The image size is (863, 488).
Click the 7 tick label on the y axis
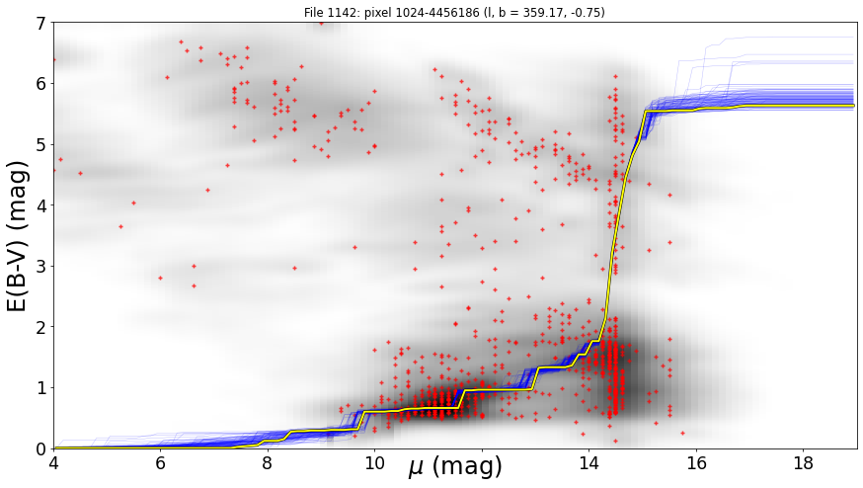point(42,23)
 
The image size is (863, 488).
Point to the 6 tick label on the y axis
point(42,84)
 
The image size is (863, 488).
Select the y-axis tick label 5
point(42,145)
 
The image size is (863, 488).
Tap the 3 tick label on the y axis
point(42,267)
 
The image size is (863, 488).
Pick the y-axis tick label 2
point(42,327)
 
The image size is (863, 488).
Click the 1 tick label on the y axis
point(42,388)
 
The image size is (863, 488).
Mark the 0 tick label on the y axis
point(42,448)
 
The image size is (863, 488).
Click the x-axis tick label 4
point(53,463)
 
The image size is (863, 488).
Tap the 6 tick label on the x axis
point(160,463)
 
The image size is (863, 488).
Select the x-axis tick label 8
point(267,463)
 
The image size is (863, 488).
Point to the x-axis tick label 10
point(374,463)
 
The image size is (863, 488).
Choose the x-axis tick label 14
point(588,463)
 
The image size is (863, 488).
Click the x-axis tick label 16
point(696,463)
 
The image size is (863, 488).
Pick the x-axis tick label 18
point(803,463)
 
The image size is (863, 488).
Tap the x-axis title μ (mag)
point(456,467)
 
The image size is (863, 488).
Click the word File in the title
point(313,12)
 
